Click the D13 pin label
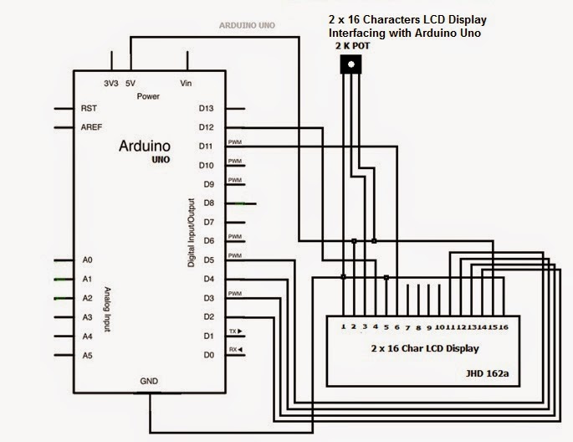tap(207, 109)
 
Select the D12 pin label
tap(207, 127)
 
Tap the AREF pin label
tap(91, 127)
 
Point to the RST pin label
tap(88, 109)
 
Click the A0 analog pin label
tap(87, 260)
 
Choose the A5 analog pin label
tap(87, 355)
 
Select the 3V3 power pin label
tap(110, 84)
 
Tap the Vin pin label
tap(187, 84)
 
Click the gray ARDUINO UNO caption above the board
tap(247, 26)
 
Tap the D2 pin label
tap(207, 316)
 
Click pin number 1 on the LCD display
tap(344, 326)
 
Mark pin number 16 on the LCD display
tap(504, 326)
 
